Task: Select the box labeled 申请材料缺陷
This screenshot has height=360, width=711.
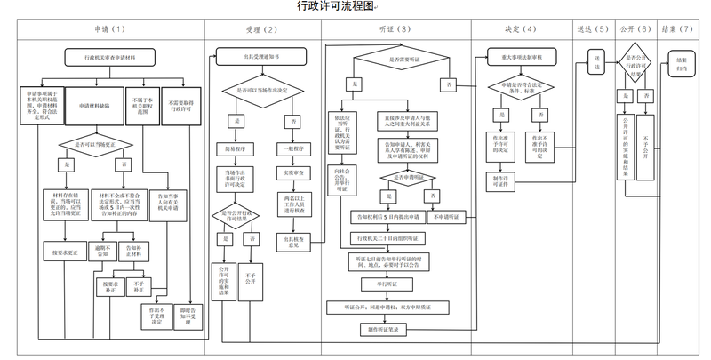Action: click(x=93, y=104)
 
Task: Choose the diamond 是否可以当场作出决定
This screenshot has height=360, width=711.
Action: click(x=261, y=91)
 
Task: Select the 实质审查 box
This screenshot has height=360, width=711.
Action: click(x=294, y=172)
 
